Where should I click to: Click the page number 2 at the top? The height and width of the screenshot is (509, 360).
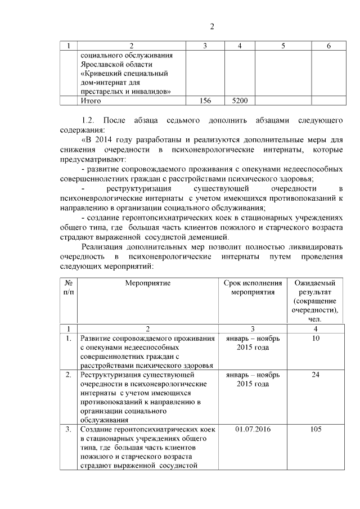212,26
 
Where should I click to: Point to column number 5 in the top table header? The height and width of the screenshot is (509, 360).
283,46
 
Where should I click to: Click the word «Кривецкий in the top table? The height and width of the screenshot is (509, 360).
102,74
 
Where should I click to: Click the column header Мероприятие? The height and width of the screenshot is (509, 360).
148,283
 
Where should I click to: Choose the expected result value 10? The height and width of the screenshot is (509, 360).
316,339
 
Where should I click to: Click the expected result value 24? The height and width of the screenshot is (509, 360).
316,374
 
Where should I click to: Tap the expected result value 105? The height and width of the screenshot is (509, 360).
316,429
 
